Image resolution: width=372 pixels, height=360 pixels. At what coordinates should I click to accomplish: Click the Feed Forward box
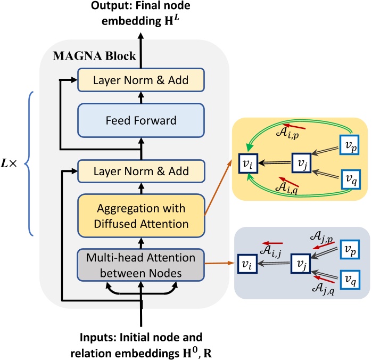(x=141, y=120)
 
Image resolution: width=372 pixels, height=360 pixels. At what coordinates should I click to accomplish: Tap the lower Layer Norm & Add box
(x=141, y=171)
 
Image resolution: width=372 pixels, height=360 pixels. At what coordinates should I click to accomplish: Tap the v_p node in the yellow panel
(x=350, y=144)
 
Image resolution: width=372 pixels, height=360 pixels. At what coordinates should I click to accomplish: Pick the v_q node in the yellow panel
(x=350, y=177)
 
